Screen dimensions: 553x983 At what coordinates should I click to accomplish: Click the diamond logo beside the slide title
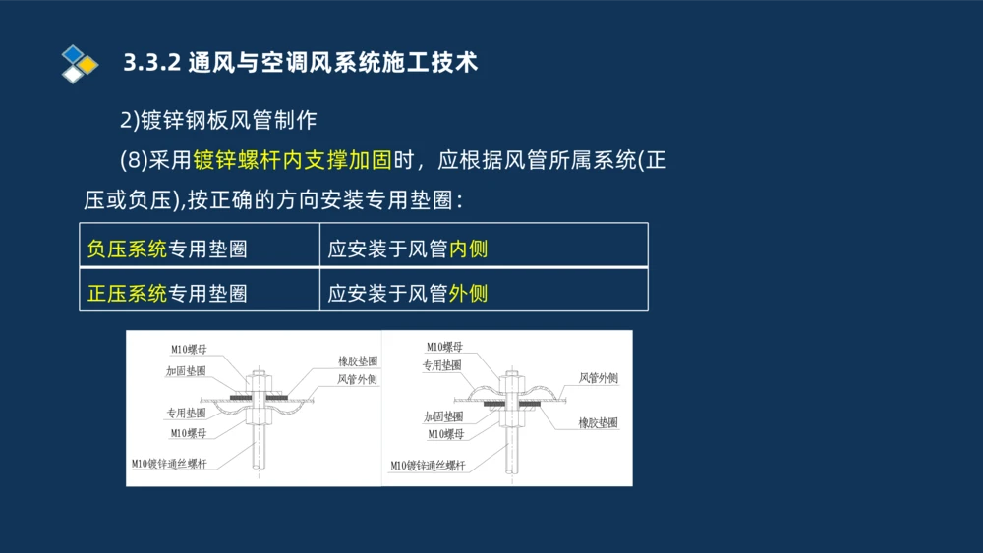click(x=79, y=63)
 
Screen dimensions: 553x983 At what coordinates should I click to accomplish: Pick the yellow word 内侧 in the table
click(x=468, y=249)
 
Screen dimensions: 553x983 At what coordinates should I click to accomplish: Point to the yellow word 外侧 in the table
click(x=468, y=293)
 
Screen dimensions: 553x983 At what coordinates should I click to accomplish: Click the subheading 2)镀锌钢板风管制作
click(x=218, y=120)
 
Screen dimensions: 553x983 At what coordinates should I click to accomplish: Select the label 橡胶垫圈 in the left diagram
click(x=357, y=360)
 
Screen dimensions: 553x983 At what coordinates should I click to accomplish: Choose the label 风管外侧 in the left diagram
click(x=357, y=378)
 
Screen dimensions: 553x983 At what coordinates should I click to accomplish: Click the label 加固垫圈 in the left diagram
click(x=186, y=371)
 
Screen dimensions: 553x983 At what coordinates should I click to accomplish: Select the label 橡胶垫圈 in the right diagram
click(x=598, y=422)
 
